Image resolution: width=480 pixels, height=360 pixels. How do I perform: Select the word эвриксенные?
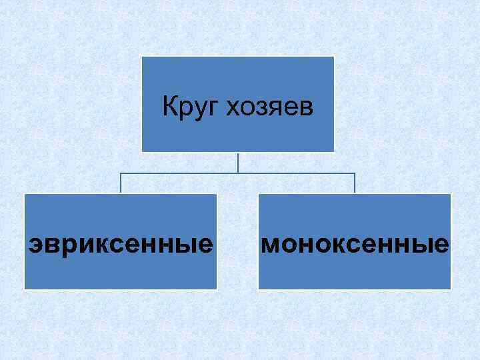121,245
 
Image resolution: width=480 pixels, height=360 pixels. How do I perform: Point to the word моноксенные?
355,245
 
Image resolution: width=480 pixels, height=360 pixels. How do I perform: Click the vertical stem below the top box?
238,163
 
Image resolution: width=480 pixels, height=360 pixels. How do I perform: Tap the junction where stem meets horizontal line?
238,174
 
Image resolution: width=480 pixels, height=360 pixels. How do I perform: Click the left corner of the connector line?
121,174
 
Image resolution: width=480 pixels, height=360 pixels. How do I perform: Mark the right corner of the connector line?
355,174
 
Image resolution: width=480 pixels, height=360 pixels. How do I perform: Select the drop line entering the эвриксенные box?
121,185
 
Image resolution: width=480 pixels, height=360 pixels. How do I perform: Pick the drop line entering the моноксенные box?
355,185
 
